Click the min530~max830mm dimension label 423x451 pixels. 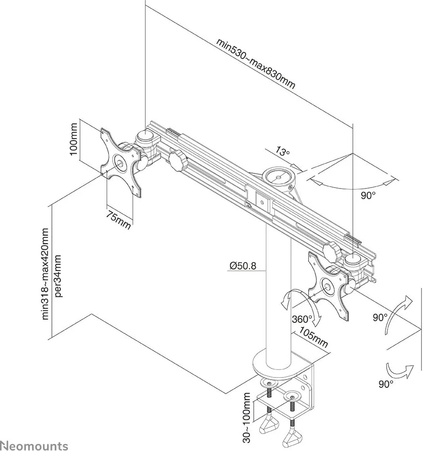(x=256, y=63)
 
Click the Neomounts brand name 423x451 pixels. (x=34, y=445)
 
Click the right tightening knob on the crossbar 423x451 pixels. (x=332, y=251)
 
